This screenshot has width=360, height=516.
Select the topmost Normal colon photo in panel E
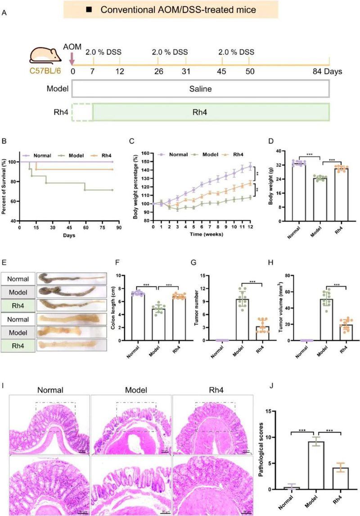click(71, 279)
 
